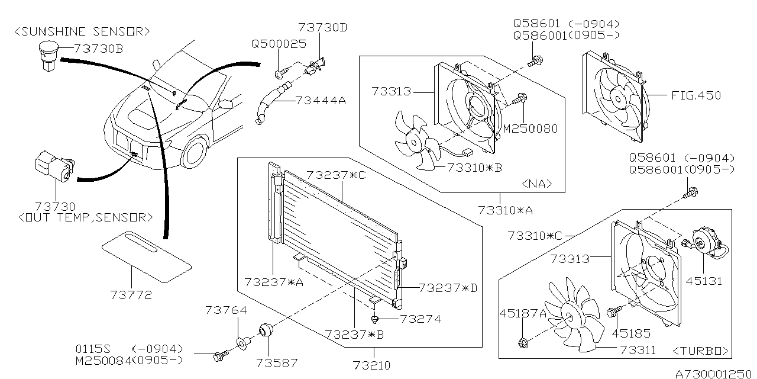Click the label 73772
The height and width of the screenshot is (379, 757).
[x=131, y=294]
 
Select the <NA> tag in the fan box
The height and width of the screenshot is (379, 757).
[x=538, y=184]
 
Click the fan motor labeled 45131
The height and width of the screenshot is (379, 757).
[x=704, y=242]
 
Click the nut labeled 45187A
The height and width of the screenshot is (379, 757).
[x=523, y=342]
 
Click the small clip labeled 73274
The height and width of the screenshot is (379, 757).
[x=375, y=319]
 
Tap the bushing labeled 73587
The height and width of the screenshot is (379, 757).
[x=266, y=329]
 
